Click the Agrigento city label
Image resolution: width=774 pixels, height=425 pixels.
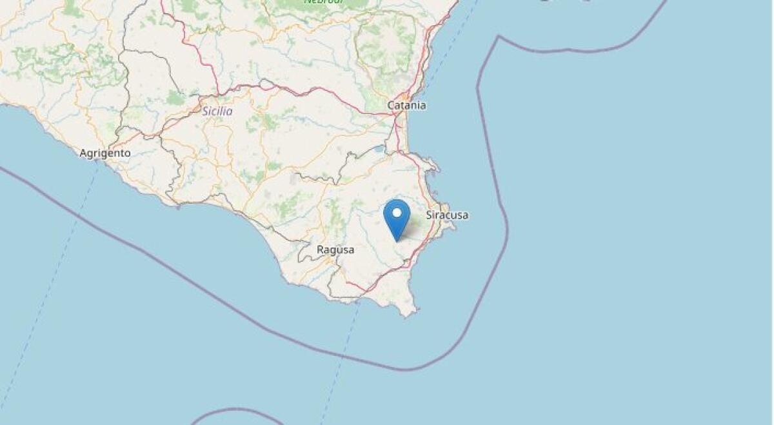point(105,153)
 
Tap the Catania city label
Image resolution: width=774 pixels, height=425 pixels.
point(406,105)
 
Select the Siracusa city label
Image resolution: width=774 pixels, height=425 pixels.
point(447,215)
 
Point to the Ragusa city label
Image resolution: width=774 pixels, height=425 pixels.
point(335,250)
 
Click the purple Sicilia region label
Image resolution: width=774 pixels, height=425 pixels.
point(217,112)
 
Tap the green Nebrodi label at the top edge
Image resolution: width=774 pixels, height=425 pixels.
point(324,2)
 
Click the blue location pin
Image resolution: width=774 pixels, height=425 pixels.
point(397,217)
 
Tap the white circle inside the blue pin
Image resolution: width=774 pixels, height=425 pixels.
point(397,212)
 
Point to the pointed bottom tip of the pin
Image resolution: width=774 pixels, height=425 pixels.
point(397,241)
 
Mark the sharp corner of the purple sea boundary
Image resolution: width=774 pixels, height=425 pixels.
point(499,37)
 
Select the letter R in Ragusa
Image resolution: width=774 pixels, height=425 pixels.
point(320,250)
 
